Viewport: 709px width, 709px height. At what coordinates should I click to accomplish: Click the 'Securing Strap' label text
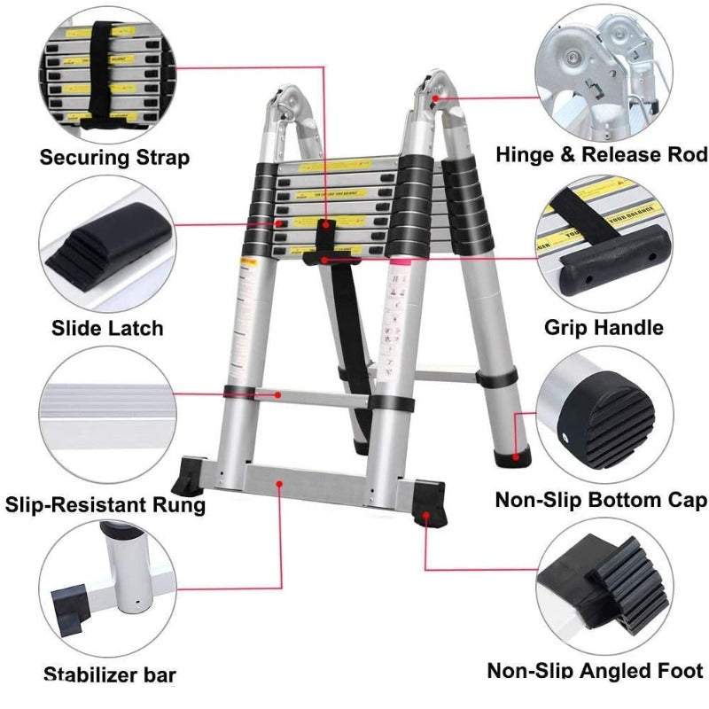(114, 159)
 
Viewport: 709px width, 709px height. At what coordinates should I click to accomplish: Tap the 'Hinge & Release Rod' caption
(602, 155)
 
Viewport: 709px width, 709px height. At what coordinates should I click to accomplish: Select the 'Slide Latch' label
(107, 328)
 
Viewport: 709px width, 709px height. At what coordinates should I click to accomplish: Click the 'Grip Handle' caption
(603, 328)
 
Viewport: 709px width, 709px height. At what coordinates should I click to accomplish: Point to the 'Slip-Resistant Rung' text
(105, 505)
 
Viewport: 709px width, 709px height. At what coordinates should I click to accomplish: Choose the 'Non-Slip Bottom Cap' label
(601, 500)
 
